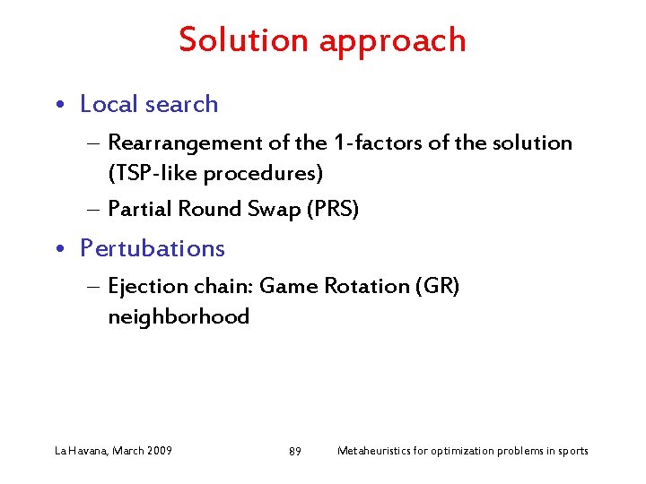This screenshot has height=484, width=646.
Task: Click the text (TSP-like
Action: [148, 172]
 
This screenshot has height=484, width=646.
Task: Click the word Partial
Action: [139, 209]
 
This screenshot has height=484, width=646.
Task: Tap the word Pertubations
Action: [153, 248]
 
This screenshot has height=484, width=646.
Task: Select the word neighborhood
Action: [179, 316]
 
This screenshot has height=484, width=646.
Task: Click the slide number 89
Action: [295, 451]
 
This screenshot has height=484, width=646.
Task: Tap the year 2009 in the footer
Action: [158, 450]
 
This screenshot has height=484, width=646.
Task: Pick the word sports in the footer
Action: [572, 451]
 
